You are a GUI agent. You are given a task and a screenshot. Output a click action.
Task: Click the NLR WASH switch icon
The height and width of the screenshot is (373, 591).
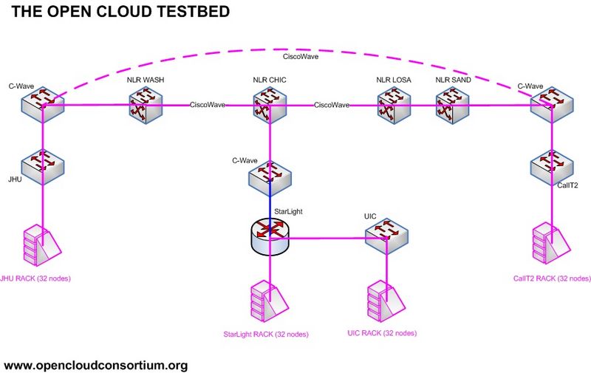click(146, 106)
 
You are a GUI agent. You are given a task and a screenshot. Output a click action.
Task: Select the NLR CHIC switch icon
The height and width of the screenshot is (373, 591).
click(270, 106)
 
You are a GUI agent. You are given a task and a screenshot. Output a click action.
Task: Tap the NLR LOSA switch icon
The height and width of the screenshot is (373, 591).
click(394, 106)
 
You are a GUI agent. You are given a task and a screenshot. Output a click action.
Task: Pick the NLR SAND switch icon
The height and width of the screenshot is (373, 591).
click(451, 106)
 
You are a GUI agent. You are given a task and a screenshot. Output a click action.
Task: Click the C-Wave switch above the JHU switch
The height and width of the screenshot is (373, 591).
click(42, 105)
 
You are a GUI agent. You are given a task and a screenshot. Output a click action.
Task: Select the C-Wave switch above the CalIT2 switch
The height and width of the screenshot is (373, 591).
click(551, 105)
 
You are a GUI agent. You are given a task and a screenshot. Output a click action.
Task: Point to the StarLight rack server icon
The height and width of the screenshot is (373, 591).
click(269, 298)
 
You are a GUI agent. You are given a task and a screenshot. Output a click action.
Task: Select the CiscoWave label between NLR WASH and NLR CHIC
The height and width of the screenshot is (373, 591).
click(208, 105)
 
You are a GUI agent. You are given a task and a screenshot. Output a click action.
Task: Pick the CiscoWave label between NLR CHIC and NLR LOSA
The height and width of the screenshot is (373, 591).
click(332, 105)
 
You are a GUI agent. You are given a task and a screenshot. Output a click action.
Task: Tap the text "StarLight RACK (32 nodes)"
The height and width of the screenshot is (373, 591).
click(265, 335)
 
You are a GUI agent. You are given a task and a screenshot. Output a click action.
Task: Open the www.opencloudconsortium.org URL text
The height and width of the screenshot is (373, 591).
click(96, 365)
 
